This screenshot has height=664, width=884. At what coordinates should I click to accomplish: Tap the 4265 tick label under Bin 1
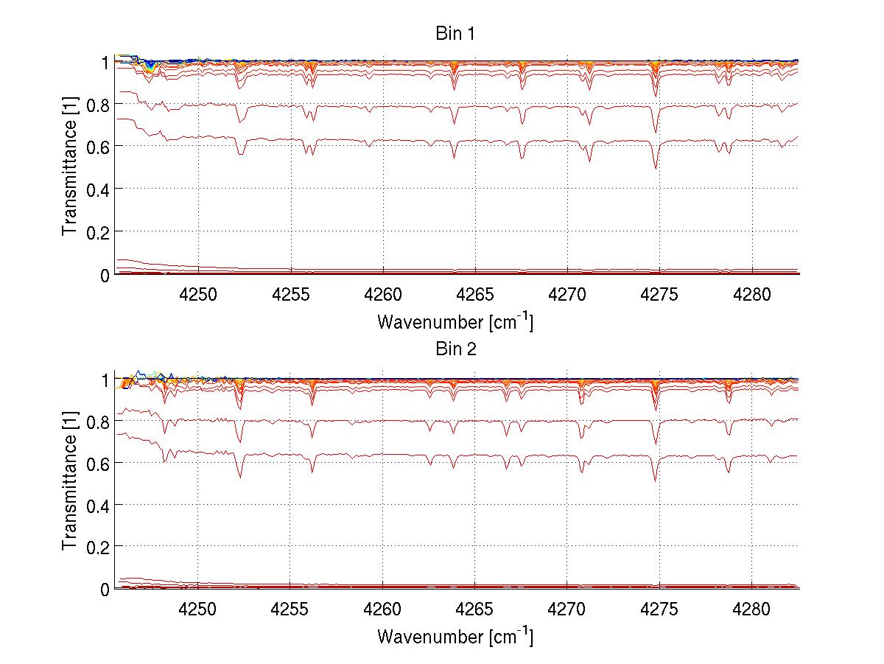point(474,295)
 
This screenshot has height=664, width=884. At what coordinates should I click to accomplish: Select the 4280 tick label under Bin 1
point(751,295)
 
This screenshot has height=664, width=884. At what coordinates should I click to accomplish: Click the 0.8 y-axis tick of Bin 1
point(97,105)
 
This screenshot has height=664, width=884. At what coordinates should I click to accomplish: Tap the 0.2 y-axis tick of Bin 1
point(97,232)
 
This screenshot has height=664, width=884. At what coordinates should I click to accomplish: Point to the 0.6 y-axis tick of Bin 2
point(97,463)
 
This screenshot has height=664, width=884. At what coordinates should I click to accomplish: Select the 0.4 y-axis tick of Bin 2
point(97,505)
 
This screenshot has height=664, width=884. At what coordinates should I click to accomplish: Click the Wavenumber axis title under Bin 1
point(455,322)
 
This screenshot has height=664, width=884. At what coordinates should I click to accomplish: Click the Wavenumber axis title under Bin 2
point(455,636)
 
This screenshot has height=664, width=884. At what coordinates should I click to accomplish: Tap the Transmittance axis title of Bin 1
point(70,168)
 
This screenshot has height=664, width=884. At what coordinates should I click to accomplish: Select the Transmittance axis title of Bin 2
point(70,483)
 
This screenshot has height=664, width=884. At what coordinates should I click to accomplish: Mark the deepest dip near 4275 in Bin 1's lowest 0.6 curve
point(656,169)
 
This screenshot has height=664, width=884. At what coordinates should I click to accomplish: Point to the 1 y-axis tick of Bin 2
point(104,379)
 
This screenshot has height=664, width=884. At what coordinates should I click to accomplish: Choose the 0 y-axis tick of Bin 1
point(104,275)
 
